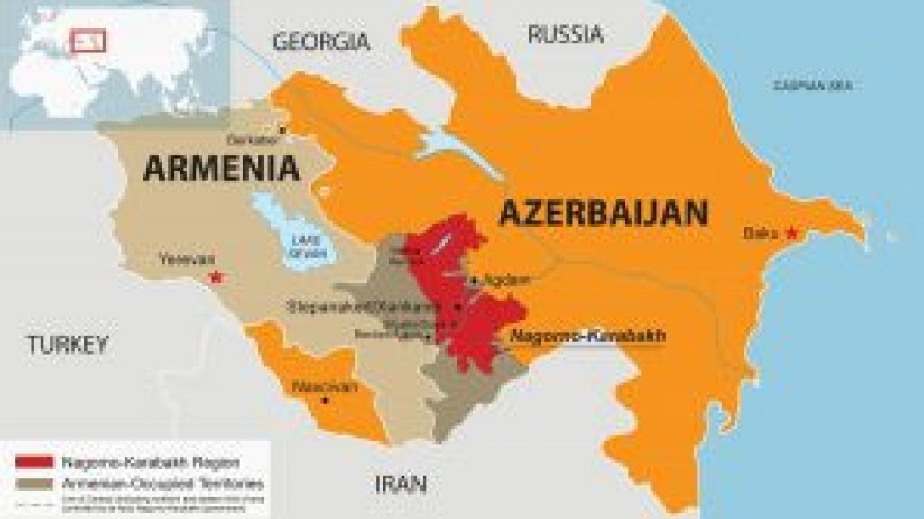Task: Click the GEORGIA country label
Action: tap(321, 42)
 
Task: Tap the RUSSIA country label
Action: tap(565, 35)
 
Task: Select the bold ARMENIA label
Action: tap(222, 168)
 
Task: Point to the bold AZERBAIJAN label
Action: tap(603, 213)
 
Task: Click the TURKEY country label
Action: tap(67, 344)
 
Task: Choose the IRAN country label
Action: tap(401, 485)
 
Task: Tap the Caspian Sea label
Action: tap(812, 87)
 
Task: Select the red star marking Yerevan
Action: tap(216, 276)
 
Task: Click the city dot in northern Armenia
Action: tap(282, 129)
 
